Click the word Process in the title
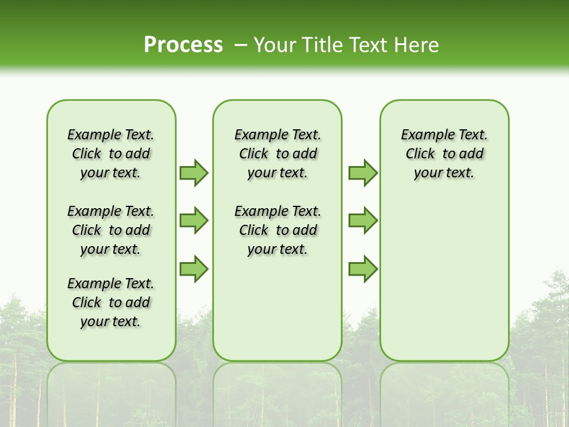click(x=183, y=44)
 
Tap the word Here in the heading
click(x=417, y=45)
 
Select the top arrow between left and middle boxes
click(x=194, y=173)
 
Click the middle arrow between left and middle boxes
click(x=194, y=221)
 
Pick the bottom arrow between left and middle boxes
click(x=194, y=269)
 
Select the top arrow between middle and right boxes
click(x=363, y=173)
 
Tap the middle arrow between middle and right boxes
click(x=363, y=221)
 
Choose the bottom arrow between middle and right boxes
click(x=363, y=269)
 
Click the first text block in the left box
click(x=111, y=154)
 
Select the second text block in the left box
click(x=111, y=230)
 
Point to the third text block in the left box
click(x=111, y=302)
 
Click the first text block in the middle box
click(x=278, y=154)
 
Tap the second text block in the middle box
click(x=278, y=230)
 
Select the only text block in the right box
click(x=445, y=154)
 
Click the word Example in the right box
click(x=423, y=135)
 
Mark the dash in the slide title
click(x=240, y=45)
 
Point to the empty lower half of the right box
click(x=445, y=285)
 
